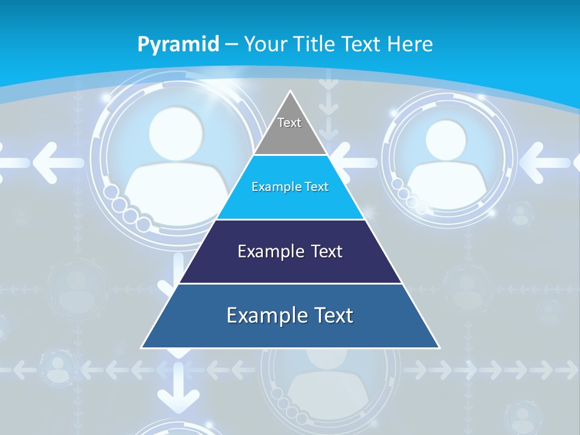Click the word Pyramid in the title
point(178,45)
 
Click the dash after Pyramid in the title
point(231,45)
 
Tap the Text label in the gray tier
point(289,123)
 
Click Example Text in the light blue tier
point(290,187)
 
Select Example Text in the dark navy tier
point(290,251)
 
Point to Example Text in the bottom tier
point(290,315)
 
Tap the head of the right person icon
point(446,138)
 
